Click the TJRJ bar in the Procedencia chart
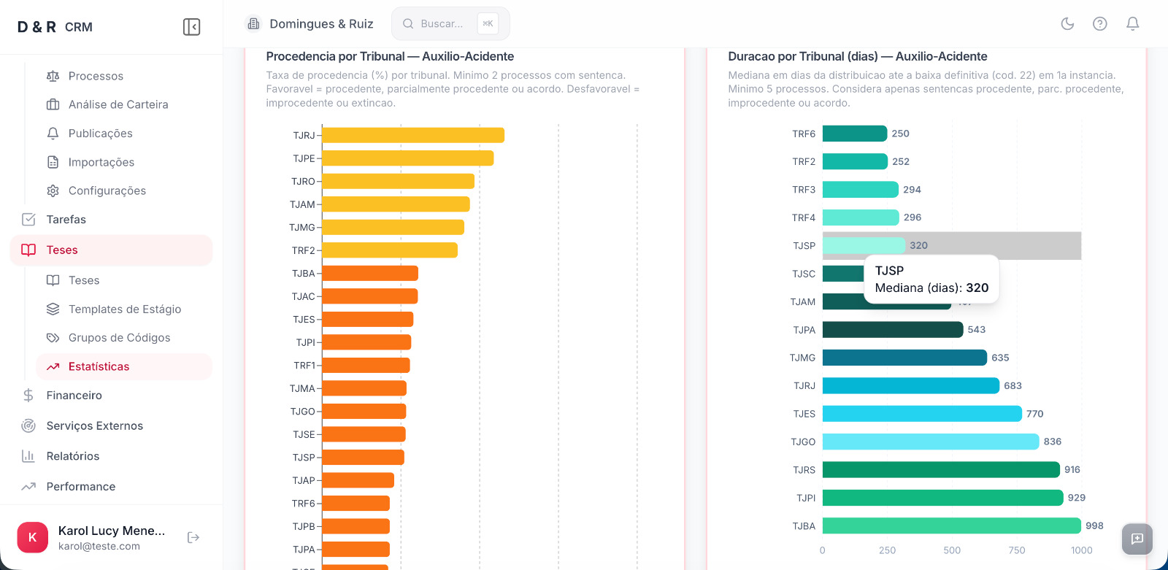point(413,135)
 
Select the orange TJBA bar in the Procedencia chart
point(370,274)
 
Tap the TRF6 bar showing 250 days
point(854,134)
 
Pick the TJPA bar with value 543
point(892,330)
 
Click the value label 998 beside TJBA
point(1094,525)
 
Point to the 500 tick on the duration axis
point(952,550)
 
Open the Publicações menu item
point(100,134)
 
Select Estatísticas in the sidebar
point(99,366)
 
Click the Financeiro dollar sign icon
point(28,396)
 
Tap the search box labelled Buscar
point(442,24)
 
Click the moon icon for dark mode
point(1067,24)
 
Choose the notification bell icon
point(1132,24)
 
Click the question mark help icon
point(1099,24)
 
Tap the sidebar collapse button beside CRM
point(191,27)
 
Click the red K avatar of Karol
point(32,538)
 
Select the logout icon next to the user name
point(193,538)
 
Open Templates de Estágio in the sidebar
point(124,309)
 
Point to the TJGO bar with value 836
point(930,442)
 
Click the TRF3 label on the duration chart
point(804,190)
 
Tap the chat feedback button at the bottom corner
point(1137,539)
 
